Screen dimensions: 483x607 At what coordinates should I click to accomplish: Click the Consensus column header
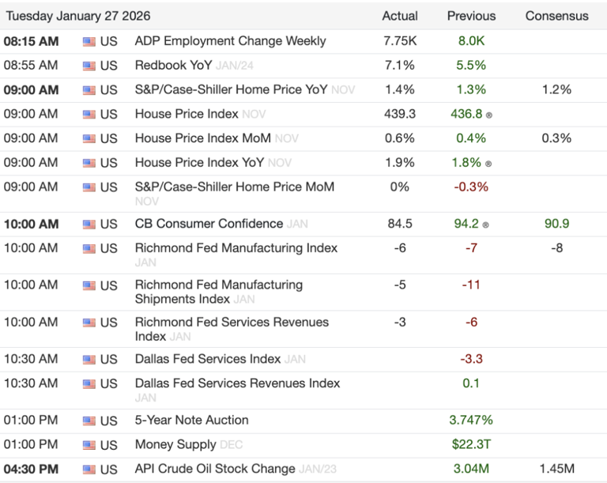(x=556, y=16)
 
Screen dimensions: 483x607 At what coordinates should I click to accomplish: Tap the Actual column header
(x=400, y=16)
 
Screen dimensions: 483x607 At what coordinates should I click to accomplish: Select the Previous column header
(x=471, y=16)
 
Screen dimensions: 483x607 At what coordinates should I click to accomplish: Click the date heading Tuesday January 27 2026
(x=78, y=16)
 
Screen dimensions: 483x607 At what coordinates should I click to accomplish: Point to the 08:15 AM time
(x=31, y=40)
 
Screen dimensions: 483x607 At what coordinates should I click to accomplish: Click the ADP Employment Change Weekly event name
(x=230, y=40)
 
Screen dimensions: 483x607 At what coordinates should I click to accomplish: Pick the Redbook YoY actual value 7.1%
(x=400, y=65)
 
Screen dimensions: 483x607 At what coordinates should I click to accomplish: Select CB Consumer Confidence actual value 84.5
(x=400, y=224)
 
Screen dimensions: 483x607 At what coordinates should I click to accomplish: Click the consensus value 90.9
(x=556, y=224)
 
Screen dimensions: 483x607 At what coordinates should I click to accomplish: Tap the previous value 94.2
(x=466, y=224)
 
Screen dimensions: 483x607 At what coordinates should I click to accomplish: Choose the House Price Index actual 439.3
(x=400, y=114)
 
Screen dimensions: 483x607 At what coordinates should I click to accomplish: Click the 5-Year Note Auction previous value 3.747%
(x=471, y=421)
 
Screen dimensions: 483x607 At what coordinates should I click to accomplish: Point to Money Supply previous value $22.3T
(x=471, y=445)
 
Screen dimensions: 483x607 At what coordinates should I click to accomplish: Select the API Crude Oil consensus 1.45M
(x=556, y=470)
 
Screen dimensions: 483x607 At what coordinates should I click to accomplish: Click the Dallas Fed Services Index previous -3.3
(x=471, y=359)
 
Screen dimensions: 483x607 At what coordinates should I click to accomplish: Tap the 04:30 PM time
(x=31, y=470)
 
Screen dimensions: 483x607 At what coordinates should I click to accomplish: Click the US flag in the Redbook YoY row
(x=89, y=66)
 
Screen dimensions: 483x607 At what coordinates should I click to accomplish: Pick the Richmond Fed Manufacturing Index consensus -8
(x=556, y=248)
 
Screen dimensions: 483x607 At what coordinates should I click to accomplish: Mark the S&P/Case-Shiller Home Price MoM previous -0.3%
(x=471, y=187)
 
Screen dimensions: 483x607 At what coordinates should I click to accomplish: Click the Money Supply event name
(x=175, y=445)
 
